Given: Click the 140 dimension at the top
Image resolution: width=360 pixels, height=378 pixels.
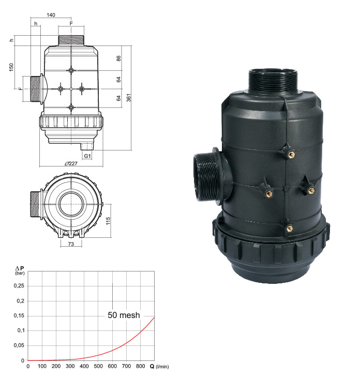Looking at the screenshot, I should coord(51,15).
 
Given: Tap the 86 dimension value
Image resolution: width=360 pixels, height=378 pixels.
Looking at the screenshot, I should coord(118,58).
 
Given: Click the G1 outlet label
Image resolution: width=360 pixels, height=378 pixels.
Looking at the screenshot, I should coord(87,155).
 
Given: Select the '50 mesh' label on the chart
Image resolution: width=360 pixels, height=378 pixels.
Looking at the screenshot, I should coord(124,314).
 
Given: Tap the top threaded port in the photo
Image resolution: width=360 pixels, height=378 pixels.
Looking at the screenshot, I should coord(274,80).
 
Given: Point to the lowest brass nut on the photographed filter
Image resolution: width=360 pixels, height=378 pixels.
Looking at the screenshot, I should coord(289,226).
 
